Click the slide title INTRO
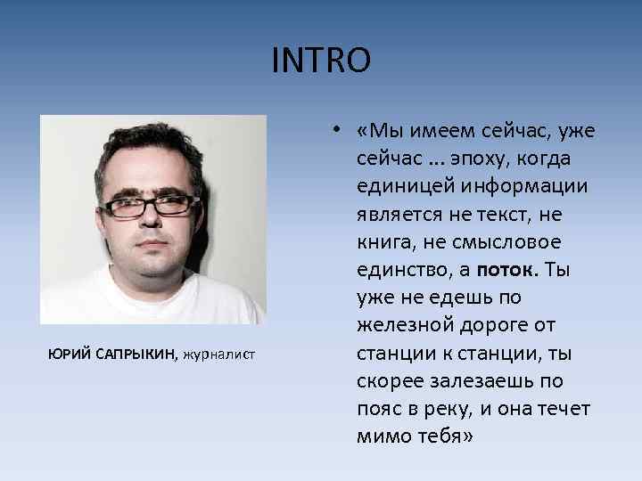point(320,61)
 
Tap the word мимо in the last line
point(382,437)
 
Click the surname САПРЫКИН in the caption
point(133,355)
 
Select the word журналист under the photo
point(219,355)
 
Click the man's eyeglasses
point(149,206)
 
